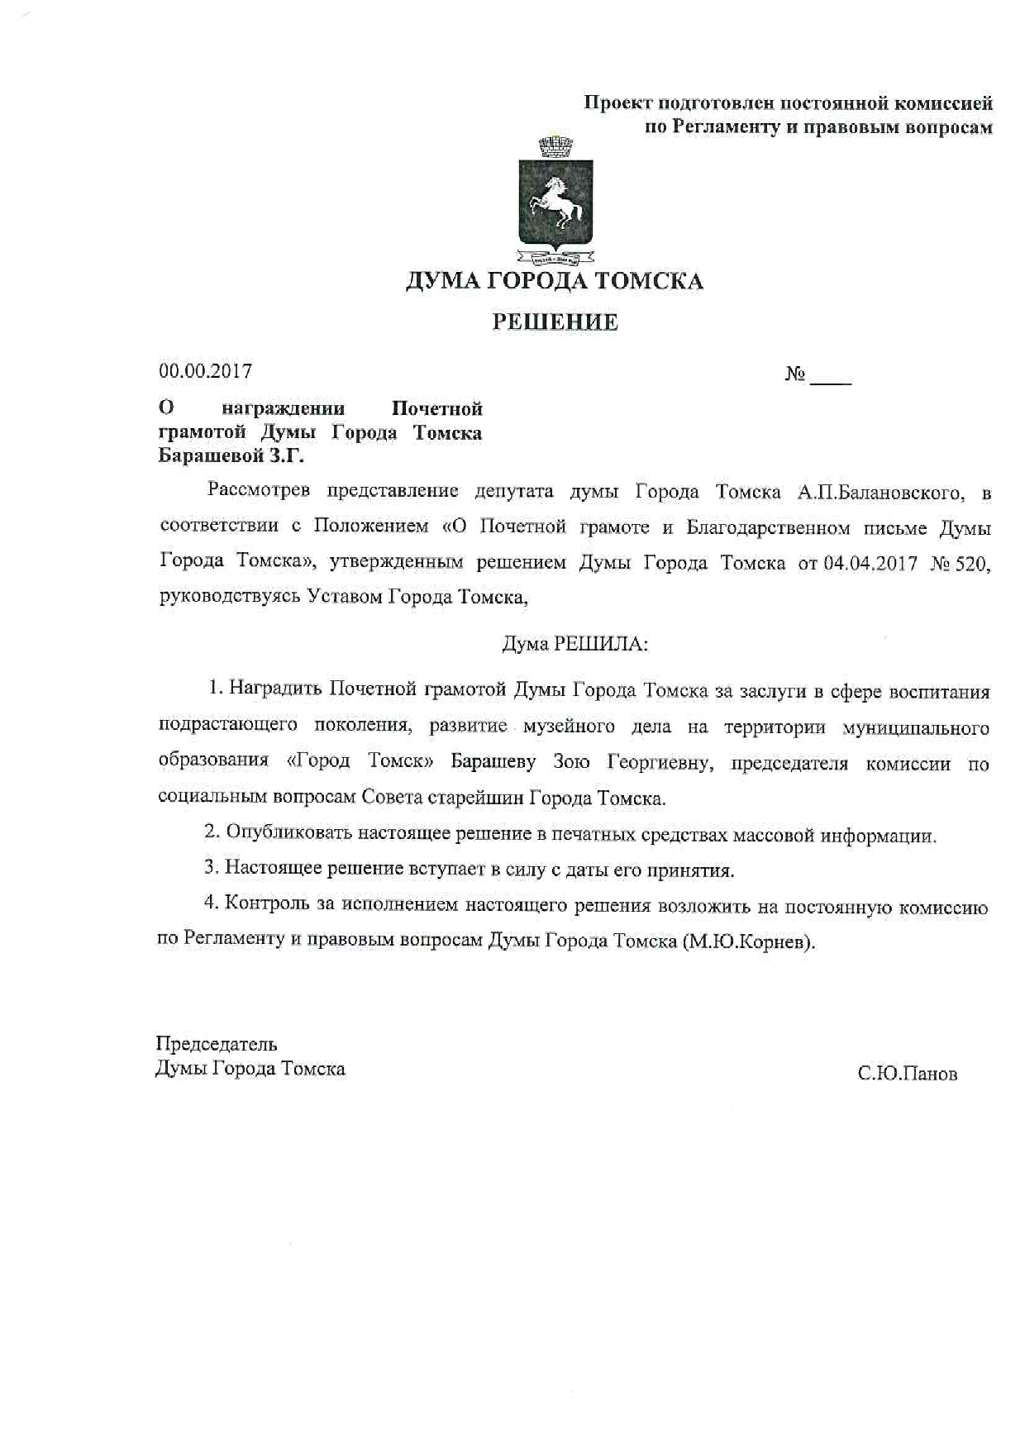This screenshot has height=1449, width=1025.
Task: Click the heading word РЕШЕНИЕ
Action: (x=555, y=322)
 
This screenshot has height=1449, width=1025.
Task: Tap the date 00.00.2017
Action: (x=206, y=371)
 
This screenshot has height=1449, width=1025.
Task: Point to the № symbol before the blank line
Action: (x=795, y=374)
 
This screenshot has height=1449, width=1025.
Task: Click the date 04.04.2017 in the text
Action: (x=870, y=564)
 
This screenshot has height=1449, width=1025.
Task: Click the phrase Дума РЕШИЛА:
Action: (x=575, y=644)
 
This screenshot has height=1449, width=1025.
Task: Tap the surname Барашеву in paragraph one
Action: (x=493, y=762)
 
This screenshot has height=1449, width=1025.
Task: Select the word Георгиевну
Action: (x=659, y=762)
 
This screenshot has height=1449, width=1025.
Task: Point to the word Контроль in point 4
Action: (x=265, y=904)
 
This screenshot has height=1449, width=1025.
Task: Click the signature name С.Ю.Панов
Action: (x=907, y=1074)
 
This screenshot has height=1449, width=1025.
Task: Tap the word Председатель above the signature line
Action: (x=217, y=1044)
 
